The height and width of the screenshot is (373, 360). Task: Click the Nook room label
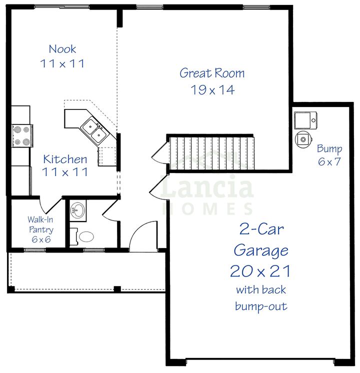(62, 49)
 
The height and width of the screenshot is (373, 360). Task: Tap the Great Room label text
(212, 73)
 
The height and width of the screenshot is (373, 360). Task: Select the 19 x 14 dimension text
(212, 90)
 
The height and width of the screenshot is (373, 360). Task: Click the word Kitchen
(65, 159)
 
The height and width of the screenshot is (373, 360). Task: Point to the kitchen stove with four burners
(21, 135)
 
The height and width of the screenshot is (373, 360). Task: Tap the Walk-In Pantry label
(40, 224)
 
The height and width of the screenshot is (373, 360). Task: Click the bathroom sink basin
(77, 210)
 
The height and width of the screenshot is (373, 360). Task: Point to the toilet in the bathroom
(83, 236)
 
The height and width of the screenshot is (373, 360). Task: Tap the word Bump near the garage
(329, 149)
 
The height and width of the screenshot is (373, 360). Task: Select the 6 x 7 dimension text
(329, 162)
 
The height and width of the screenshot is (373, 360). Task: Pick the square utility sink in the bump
(304, 120)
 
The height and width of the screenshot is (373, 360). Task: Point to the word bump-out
(261, 306)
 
